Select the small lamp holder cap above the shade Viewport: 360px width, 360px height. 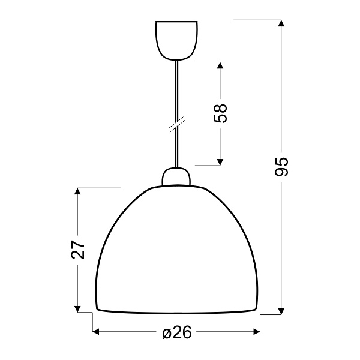(x=176, y=177)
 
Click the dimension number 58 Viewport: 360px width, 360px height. (x=221, y=113)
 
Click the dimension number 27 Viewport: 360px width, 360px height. (x=78, y=250)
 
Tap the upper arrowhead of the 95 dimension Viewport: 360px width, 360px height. (x=281, y=24)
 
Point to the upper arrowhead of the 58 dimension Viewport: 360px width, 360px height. (x=220, y=65)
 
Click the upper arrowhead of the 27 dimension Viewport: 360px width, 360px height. (x=77, y=193)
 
